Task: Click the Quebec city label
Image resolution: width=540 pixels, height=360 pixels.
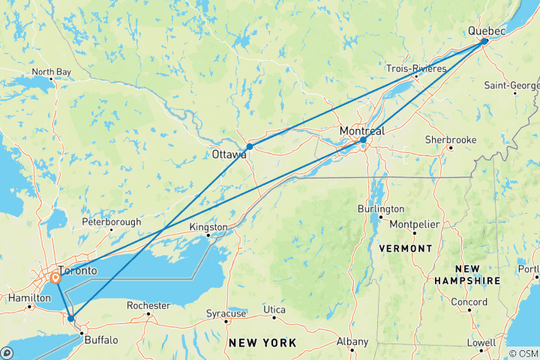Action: coord(487,31)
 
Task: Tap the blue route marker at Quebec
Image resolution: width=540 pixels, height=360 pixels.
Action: coord(484,41)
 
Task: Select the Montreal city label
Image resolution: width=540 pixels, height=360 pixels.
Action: coord(361,131)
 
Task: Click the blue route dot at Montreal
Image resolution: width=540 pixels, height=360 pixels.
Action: coord(363,140)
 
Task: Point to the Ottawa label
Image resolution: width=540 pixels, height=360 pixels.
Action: coord(229,155)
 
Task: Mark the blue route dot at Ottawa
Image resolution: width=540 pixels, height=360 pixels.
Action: coord(249,147)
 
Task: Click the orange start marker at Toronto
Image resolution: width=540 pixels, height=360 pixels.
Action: coord(55,278)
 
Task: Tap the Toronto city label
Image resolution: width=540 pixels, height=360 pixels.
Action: coord(78,270)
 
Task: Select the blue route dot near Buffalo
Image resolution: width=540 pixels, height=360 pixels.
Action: coord(71,318)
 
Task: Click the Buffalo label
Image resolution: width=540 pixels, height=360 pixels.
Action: coord(101,340)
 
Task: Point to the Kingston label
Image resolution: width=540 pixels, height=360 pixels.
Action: coord(208,226)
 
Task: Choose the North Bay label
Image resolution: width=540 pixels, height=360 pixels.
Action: coord(51,73)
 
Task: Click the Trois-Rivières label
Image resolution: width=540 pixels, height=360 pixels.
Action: coord(416,68)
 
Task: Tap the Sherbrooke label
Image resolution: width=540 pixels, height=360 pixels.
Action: coord(451,139)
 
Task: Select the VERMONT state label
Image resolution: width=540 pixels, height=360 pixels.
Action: coord(405,248)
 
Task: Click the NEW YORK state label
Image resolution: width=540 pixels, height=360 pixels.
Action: coord(262,343)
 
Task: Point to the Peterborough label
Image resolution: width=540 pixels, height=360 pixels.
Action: coord(111,222)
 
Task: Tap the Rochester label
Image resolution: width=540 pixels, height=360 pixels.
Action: coord(148,305)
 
